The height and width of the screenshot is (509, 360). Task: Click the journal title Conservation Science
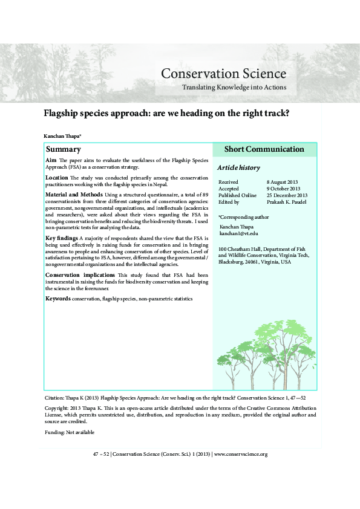coord(223,74)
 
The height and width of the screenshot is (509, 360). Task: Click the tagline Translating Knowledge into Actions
coord(234,88)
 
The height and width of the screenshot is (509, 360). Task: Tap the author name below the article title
coord(63,137)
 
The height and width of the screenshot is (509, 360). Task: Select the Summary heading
coord(64,149)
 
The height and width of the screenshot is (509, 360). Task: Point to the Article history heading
coord(238,167)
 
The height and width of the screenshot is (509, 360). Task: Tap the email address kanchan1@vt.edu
coord(238,233)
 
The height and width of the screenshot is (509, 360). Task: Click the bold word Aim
coord(51,160)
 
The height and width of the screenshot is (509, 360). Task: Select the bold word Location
coord(57,178)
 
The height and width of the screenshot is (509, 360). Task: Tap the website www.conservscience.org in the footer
coord(240,454)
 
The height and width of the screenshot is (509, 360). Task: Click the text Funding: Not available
coord(70,433)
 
